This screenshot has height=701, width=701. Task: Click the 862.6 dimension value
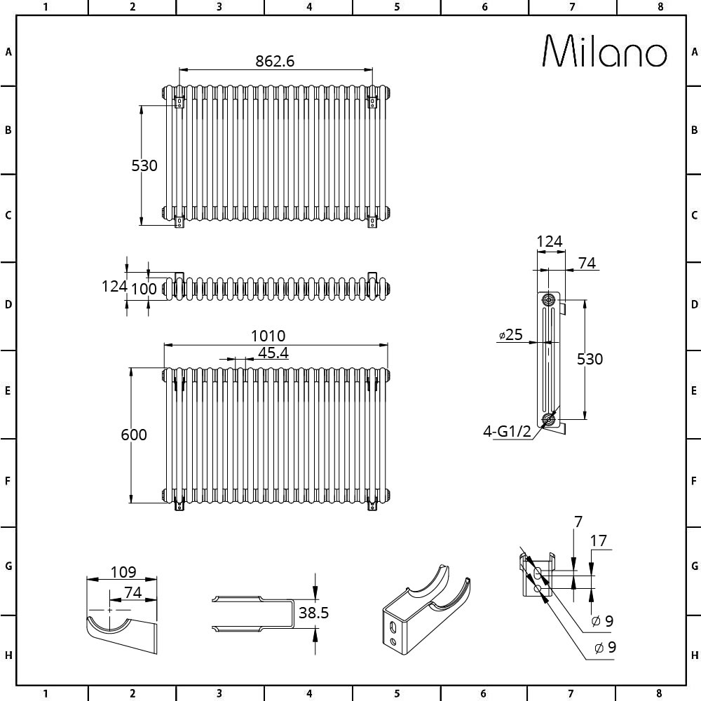275,61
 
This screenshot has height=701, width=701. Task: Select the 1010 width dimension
268,335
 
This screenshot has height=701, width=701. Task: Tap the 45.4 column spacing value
273,353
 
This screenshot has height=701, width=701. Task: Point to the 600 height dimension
134,435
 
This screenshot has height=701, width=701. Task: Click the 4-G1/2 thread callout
508,431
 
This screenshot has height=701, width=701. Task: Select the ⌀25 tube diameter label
510,334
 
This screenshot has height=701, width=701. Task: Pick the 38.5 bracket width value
313,613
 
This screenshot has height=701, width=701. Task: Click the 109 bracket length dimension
123,572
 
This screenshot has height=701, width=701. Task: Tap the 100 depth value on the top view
144,289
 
